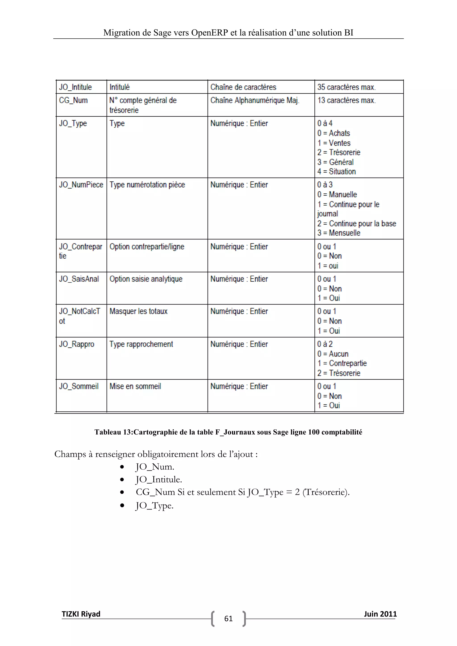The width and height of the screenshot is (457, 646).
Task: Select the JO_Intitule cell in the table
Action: pos(75,87)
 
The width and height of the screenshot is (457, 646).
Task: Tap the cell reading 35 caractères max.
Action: pos(346,87)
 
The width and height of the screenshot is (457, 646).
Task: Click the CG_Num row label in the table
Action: pos(73,100)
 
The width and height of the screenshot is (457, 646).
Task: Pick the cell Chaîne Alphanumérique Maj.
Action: pos(255,100)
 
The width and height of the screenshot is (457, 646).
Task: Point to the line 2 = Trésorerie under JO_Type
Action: pos(339,152)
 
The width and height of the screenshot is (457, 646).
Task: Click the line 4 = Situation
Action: pos(337,171)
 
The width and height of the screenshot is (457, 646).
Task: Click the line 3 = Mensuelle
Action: pos(339,233)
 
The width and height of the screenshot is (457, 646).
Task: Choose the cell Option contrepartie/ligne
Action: pos(147,246)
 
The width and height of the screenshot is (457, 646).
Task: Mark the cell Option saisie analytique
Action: pos(146,279)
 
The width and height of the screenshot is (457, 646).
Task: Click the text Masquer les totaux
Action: pos(138,311)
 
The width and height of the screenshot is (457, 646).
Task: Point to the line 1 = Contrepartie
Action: pos(342,363)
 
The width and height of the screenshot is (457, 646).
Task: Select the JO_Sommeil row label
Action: pos(79,386)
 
